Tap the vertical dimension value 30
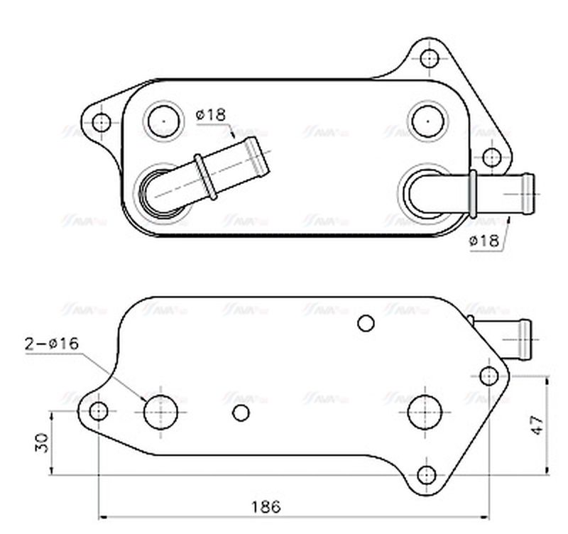42,443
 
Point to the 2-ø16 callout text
52,344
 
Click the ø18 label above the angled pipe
210,114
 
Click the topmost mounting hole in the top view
428,58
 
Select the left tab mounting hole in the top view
102,121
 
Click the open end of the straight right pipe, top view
530,193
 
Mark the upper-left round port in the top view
163,120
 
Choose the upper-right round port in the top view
428,120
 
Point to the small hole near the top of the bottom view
366,324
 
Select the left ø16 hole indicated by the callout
160,412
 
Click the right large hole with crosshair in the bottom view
425,412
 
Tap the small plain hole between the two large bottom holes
241,413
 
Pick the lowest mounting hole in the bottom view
426,474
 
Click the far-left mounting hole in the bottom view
99,410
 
